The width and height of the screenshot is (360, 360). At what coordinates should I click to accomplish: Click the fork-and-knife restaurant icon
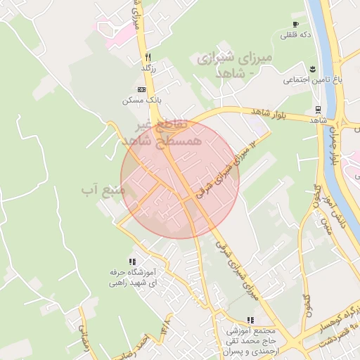pyautogui.click(x=148, y=57)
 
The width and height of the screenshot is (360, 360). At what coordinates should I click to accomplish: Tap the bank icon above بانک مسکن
pyautogui.click(x=141, y=90)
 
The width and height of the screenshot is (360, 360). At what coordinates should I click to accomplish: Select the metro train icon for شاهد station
pyautogui.click(x=319, y=110)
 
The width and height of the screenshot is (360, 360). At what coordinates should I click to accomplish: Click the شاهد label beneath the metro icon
pyautogui.click(x=319, y=120)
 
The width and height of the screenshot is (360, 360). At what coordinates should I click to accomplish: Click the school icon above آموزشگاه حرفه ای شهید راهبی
pyautogui.click(x=132, y=262)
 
